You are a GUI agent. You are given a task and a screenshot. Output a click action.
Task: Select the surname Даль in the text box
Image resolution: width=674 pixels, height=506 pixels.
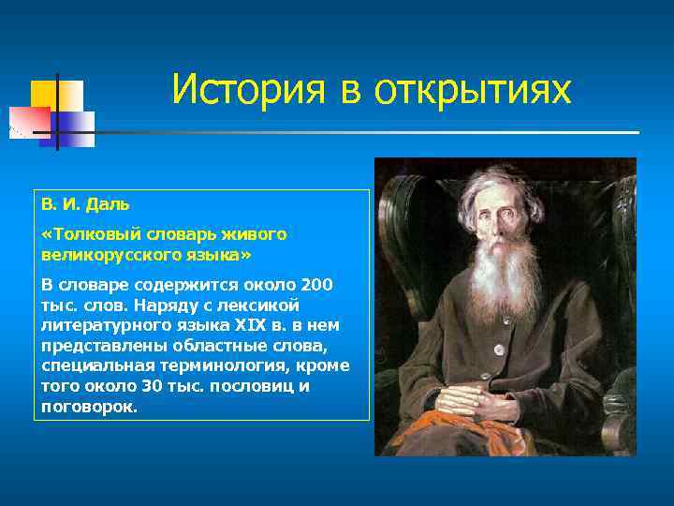tap(109, 203)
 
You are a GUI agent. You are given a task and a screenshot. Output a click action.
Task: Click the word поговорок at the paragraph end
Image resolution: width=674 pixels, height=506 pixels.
tap(89, 407)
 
